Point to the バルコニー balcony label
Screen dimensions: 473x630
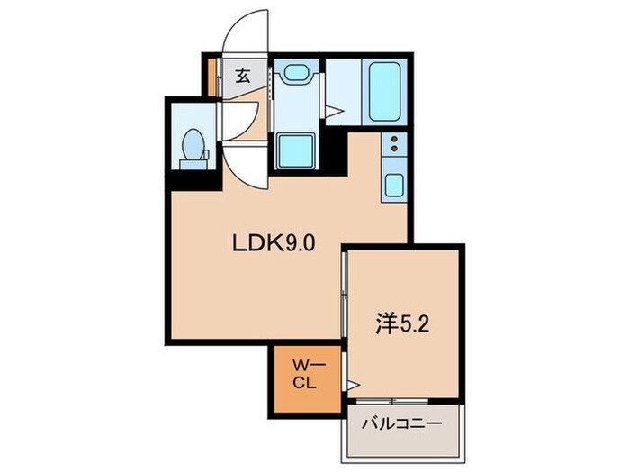pos(401,422)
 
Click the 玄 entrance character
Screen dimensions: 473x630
pos(243,77)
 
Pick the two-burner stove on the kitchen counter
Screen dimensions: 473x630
pos(394,143)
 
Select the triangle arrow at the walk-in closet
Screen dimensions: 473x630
pos(353,386)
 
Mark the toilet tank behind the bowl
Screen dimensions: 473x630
pos(193,164)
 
